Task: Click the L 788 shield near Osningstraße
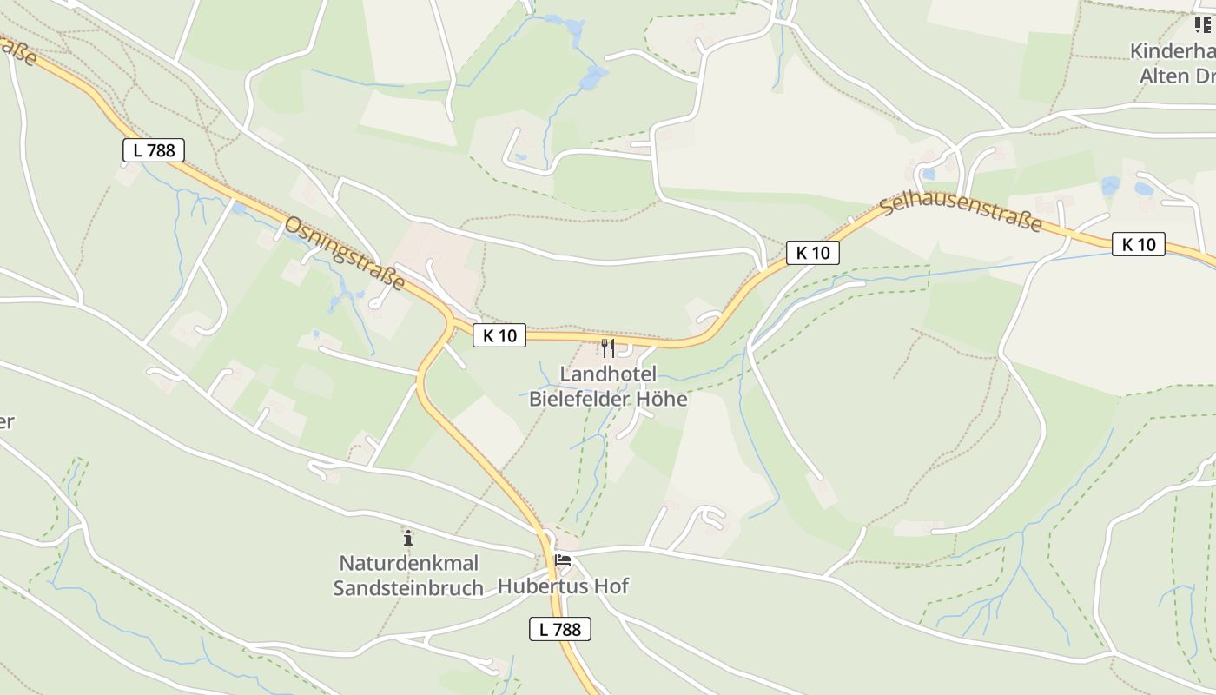tap(154, 150)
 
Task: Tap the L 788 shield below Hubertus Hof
tap(560, 629)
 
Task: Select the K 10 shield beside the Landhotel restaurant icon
tap(499, 335)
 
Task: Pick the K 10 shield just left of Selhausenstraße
tap(813, 253)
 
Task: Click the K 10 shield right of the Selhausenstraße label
tap(1139, 244)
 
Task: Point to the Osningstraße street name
tap(346, 254)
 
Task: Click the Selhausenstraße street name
tap(961, 214)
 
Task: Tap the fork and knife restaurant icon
tap(608, 348)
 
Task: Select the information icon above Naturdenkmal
tap(408, 538)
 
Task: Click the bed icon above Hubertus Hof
tap(563, 560)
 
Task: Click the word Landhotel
tap(608, 374)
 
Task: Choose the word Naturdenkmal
tap(408, 563)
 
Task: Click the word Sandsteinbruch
tap(408, 588)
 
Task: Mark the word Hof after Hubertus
tap(611, 586)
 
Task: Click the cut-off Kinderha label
tap(1172, 51)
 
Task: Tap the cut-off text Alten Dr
tap(1177, 76)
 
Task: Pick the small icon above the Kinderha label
tap(1203, 25)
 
